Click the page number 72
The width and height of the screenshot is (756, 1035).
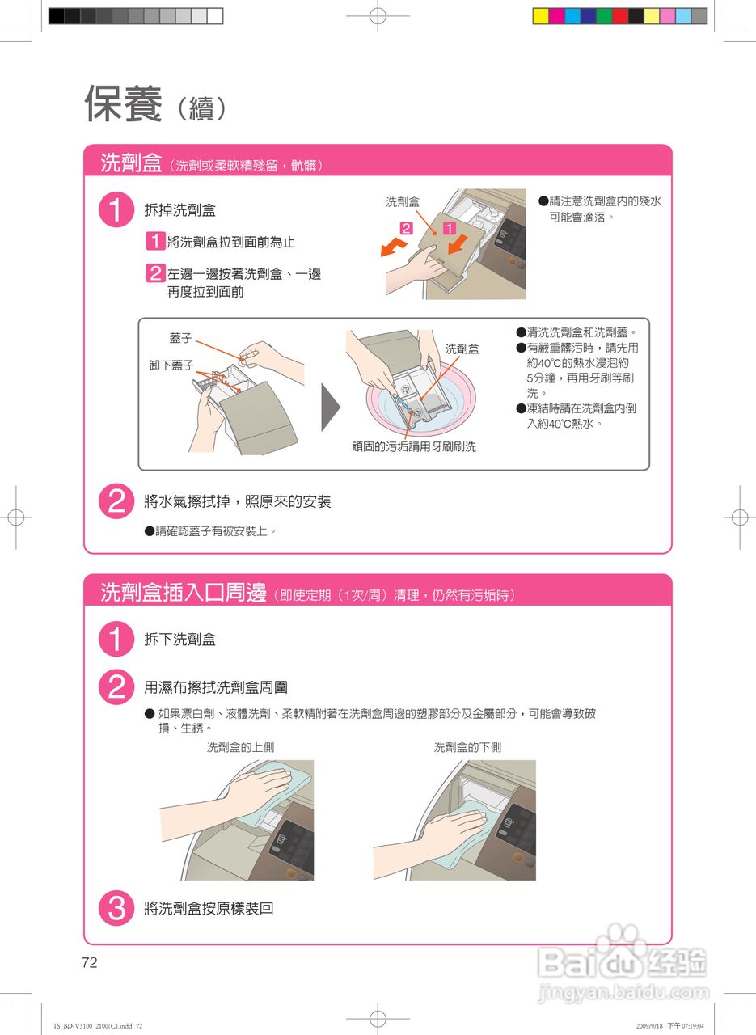tap(90, 962)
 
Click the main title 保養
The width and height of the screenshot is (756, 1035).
tap(123, 103)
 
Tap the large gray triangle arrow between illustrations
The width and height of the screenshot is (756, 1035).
tap(331, 407)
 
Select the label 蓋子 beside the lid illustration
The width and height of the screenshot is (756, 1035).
tap(180, 338)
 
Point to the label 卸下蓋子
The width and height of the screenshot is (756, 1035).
tap(171, 365)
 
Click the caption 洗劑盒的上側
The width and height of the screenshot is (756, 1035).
tap(240, 747)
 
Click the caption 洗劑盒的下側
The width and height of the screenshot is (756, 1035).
tap(467, 747)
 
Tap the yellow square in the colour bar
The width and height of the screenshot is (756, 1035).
tap(541, 16)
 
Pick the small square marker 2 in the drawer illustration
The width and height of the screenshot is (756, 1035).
tap(406, 228)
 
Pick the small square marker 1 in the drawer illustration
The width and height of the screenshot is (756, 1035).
tap(450, 228)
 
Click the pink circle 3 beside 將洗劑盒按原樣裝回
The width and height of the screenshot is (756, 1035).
tap(116, 908)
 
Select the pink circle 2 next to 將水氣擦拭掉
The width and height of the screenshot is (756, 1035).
tap(116, 501)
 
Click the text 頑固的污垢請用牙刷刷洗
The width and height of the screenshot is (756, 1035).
tap(414, 447)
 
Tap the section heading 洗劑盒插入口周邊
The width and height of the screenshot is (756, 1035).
tap(184, 593)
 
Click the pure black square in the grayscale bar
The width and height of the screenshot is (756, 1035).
tap(57, 16)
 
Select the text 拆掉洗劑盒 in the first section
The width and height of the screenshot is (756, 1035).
tap(179, 210)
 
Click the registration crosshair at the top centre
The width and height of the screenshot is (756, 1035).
tap(378, 15)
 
